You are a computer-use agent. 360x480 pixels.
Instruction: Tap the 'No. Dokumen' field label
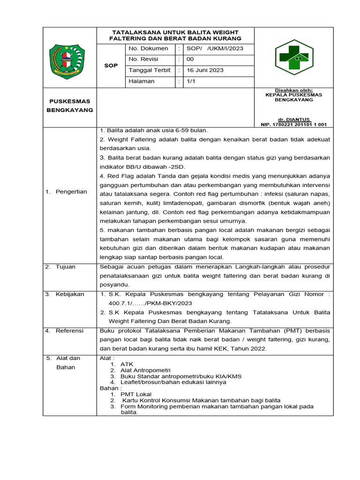148,48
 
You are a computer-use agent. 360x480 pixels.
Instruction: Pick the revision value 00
190,60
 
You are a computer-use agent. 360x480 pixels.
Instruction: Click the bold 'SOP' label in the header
110,66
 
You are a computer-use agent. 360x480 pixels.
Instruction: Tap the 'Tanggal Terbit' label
150,70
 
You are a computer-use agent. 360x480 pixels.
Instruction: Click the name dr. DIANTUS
293,120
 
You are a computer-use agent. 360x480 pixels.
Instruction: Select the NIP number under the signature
293,125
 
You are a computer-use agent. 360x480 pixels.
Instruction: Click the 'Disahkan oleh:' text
293,90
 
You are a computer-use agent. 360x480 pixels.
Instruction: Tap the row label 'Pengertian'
71,192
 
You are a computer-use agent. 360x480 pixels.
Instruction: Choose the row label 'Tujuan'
66,267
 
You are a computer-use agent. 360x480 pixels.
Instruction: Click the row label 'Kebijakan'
69,294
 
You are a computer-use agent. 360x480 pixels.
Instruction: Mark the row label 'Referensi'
69,331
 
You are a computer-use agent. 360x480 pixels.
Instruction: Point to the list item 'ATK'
127,364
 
